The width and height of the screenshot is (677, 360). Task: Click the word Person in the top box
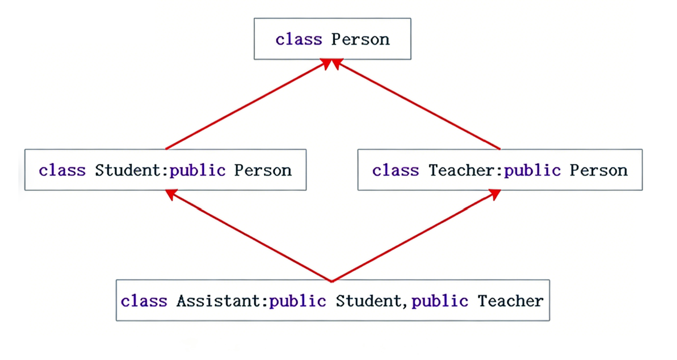point(360,39)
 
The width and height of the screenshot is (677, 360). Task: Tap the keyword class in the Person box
point(298,39)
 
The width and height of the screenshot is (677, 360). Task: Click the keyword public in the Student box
point(197,170)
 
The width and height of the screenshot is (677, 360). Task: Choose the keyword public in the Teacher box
point(532,170)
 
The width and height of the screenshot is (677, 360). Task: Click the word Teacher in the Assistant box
point(510,301)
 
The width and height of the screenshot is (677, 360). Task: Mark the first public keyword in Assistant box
point(297,301)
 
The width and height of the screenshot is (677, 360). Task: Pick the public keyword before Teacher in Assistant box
point(440,301)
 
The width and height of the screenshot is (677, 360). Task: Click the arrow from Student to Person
point(246,105)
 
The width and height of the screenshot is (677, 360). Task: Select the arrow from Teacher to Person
point(417,105)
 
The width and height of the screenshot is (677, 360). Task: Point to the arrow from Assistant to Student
point(249,236)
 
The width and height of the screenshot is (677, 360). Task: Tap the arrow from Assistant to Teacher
point(414,236)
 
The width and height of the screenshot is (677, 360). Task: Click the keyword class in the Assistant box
point(144,301)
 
